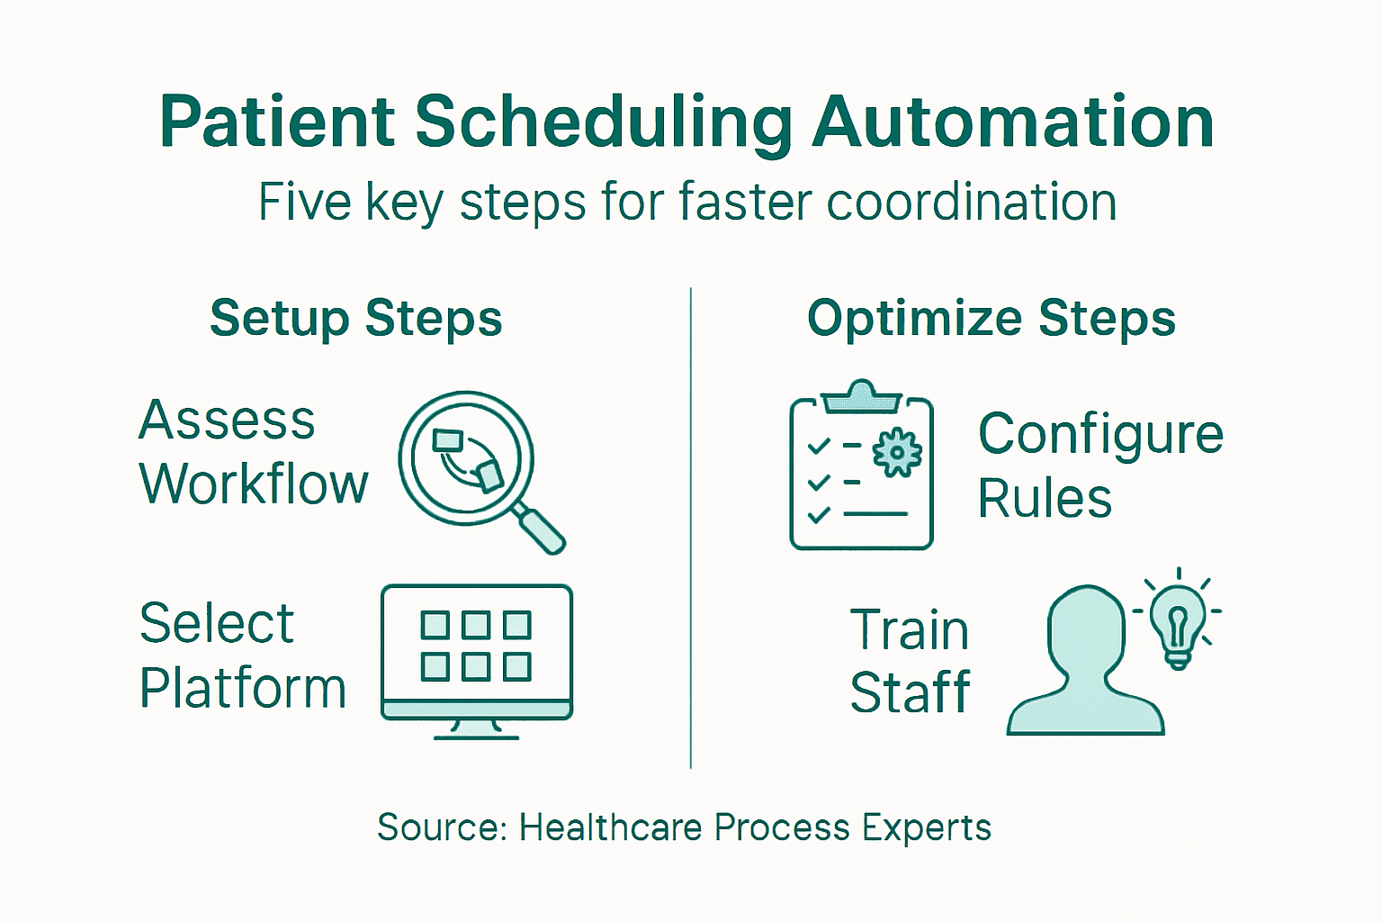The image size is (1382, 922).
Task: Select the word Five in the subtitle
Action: point(303,202)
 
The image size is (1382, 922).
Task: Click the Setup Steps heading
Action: point(356,319)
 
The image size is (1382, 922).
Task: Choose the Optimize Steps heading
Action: point(992,319)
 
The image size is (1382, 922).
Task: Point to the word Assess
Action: point(227,420)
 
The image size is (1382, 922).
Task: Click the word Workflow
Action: point(254,484)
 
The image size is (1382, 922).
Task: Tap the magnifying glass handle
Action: point(540,529)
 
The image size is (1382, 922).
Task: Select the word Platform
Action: point(243,689)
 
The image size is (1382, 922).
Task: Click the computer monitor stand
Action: point(477,728)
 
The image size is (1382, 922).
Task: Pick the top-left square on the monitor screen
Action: point(435,624)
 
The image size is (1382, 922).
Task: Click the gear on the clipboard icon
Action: point(897,453)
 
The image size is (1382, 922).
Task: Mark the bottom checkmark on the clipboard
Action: point(819,515)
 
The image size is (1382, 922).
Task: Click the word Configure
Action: point(1100,435)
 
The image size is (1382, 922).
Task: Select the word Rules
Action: point(1045,499)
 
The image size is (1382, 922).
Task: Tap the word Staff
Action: point(910,692)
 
